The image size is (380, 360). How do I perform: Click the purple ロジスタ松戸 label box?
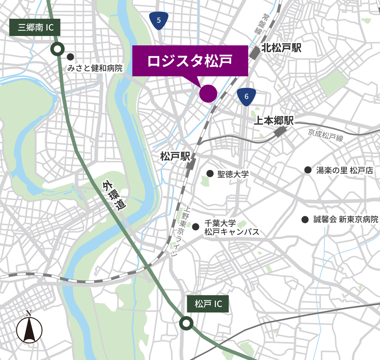click(190, 60)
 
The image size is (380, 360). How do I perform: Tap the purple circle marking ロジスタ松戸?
click(208, 93)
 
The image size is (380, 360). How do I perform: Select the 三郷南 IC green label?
click(35, 27)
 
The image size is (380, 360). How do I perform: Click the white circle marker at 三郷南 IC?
click(57, 49)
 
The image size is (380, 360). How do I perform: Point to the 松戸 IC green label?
click(208, 304)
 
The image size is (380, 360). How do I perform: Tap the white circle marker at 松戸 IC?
click(186, 323)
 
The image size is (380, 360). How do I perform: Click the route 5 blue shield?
click(159, 20)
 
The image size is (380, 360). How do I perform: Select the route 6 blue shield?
click(246, 96)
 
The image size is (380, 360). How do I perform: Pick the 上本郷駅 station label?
click(274, 121)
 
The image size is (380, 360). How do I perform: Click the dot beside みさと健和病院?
click(70, 57)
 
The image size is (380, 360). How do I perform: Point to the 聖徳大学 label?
click(233, 174)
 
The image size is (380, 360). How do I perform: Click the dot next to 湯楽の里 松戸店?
click(308, 170)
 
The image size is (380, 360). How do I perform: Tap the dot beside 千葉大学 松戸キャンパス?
click(196, 227)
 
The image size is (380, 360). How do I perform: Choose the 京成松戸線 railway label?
click(326, 135)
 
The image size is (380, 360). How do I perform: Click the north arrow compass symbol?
click(29, 329)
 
